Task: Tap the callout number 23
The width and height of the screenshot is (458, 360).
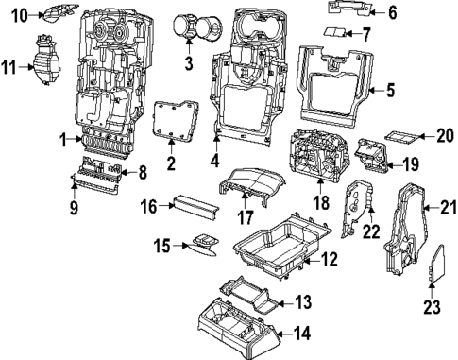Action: [x=433, y=306]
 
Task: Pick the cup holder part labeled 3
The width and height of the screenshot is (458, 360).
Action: [x=194, y=26]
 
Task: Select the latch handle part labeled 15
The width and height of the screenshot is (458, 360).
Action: [x=201, y=243]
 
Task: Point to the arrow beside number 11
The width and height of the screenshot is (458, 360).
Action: [x=25, y=67]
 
